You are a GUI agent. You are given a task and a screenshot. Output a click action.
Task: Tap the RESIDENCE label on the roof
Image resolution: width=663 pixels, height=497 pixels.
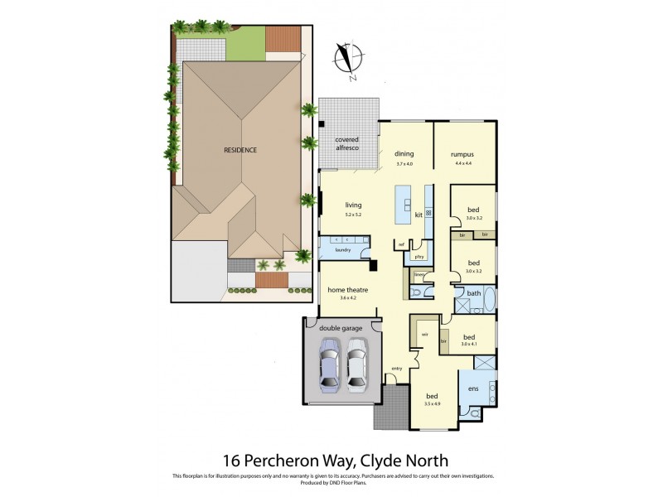240,150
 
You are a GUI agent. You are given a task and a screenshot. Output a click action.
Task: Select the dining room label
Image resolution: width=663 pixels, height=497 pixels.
404,154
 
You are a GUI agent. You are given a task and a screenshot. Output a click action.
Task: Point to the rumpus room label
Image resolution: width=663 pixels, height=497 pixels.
462,154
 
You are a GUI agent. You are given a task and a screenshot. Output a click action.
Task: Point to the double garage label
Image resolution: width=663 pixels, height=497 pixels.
342,328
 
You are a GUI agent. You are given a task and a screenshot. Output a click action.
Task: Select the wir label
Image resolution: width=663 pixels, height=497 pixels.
424,334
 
